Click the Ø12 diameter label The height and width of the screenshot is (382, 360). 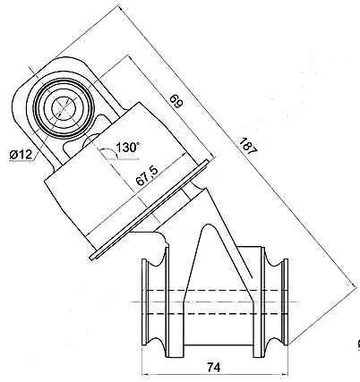21,155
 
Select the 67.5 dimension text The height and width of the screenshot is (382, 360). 148,176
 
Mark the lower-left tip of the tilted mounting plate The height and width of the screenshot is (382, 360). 92,259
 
